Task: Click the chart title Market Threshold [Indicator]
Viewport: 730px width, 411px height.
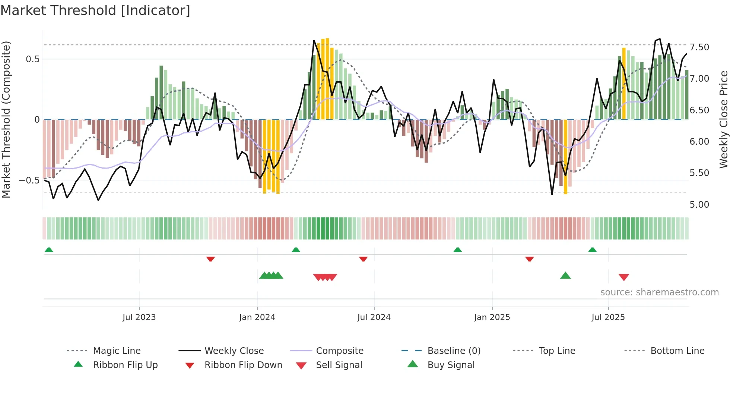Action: coord(95,10)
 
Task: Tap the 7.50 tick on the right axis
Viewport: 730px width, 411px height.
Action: coord(699,47)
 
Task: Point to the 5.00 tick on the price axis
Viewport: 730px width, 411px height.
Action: coord(699,205)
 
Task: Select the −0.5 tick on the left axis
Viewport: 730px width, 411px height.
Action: coord(29,181)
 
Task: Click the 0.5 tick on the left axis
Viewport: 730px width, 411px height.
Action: coord(32,59)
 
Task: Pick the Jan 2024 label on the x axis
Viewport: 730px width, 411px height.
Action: coord(257,317)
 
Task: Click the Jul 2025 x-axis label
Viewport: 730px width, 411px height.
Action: coord(608,317)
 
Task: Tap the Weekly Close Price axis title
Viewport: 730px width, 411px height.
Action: coord(723,119)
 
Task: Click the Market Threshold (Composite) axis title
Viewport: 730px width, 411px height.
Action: coord(6,119)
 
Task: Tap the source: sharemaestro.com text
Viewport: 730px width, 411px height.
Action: coord(659,292)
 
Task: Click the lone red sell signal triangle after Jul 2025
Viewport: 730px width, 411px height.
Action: coord(624,277)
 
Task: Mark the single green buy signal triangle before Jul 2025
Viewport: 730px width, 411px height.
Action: coord(565,276)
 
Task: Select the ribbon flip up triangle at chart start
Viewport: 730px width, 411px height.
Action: coord(49,250)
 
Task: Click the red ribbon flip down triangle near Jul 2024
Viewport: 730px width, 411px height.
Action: coord(363,259)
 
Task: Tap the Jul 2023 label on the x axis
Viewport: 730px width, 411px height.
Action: coord(139,317)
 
